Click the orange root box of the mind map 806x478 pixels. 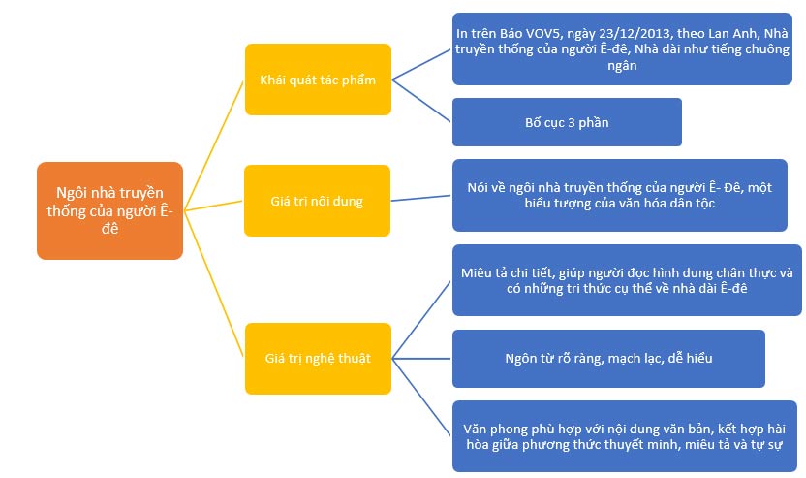pyautogui.click(x=109, y=210)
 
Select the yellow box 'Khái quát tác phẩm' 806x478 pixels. pyautogui.click(x=318, y=80)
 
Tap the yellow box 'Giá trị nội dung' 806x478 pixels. pyautogui.click(x=318, y=202)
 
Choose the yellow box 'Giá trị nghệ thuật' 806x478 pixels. pyautogui.click(x=318, y=359)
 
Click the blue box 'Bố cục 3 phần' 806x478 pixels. pyautogui.click(x=567, y=122)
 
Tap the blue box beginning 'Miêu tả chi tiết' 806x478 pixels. pyautogui.click(x=626, y=281)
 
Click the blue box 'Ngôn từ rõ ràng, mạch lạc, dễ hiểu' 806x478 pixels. pyautogui.click(x=608, y=358)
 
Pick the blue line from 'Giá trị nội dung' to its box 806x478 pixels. pyautogui.click(x=422, y=199)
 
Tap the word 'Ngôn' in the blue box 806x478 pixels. pyautogui.click(x=521, y=358)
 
